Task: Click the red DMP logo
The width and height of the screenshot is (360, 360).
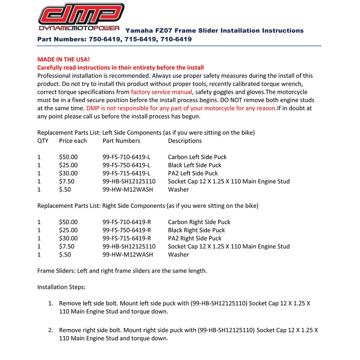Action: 81,14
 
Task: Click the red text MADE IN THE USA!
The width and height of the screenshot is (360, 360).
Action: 63,59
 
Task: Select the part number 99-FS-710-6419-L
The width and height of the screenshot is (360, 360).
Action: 126,157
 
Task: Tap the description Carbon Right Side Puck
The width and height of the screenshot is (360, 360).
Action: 199,222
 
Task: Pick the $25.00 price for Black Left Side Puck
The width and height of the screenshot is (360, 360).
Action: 68,165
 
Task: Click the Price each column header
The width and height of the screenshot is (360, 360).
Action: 73,141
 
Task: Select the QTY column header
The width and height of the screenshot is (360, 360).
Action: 43,141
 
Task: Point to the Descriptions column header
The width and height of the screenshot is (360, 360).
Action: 184,141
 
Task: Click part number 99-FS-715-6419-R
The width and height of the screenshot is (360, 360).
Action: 127,238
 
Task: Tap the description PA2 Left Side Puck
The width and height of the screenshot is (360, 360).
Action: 193,173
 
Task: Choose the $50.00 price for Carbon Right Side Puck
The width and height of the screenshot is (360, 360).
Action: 68,222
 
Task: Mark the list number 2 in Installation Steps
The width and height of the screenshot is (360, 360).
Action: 51,330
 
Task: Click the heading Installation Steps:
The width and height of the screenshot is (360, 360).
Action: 61,287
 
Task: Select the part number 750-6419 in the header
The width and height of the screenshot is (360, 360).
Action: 104,39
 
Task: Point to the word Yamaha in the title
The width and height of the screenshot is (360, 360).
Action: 138,31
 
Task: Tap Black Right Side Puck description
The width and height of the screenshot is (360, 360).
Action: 196,230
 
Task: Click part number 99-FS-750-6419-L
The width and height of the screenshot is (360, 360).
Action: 126,165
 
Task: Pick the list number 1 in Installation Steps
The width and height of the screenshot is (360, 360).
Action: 51,303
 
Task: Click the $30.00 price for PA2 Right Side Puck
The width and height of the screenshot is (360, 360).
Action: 68,238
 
